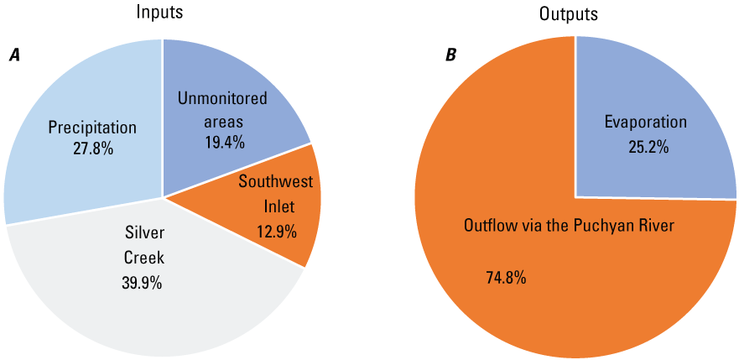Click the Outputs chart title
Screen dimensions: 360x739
pyautogui.click(x=575, y=13)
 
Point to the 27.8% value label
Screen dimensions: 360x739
pyautogui.click(x=92, y=149)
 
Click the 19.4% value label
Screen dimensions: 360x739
pyautogui.click(x=224, y=142)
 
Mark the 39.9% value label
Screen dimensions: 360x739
pyautogui.click(x=142, y=282)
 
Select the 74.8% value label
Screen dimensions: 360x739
pyautogui.click(x=506, y=277)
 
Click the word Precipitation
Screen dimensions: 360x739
pyautogui.click(x=92, y=128)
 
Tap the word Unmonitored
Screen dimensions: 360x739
pyautogui.click(x=222, y=99)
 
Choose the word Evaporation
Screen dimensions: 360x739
pyautogui.click(x=646, y=123)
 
